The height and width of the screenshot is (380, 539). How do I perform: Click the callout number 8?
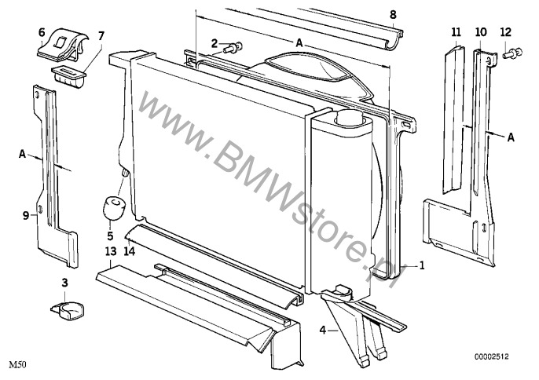pyautogui.click(x=393, y=15)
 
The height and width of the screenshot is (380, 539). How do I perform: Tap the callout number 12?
pyautogui.click(x=506, y=32)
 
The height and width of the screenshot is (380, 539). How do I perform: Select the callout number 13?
pyautogui.click(x=110, y=251)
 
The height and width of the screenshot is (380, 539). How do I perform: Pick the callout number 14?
pyautogui.click(x=129, y=251)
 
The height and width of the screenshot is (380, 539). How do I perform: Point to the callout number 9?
pyautogui.click(x=26, y=216)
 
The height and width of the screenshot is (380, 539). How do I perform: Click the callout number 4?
pyautogui.click(x=322, y=331)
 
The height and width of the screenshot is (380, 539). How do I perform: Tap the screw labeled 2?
pyautogui.click(x=233, y=47)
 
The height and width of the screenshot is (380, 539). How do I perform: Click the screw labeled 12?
pyautogui.click(x=512, y=53)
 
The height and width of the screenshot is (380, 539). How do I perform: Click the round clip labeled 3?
pyautogui.click(x=68, y=311)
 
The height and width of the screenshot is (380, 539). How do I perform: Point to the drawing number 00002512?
pyautogui.click(x=491, y=357)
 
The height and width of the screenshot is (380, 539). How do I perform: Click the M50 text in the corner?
pyautogui.click(x=17, y=364)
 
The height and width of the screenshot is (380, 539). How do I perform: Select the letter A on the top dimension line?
pyautogui.click(x=299, y=43)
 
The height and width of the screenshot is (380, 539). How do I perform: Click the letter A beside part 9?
pyautogui.click(x=22, y=154)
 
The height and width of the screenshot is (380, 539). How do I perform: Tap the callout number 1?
pyautogui.click(x=422, y=265)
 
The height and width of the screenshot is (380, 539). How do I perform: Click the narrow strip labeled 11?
pyautogui.click(x=453, y=119)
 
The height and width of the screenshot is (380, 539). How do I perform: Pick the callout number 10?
pyautogui.click(x=481, y=32)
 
